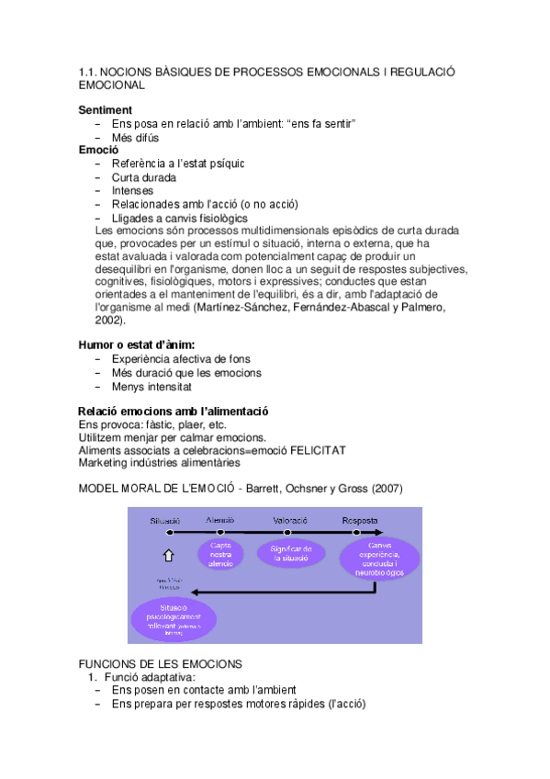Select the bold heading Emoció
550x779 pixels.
pyautogui.click(x=98, y=150)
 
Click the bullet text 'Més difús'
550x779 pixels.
pyautogui.click(x=135, y=137)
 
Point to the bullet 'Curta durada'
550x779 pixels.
pyautogui.click(x=144, y=177)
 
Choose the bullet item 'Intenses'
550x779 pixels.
pyautogui.click(x=133, y=191)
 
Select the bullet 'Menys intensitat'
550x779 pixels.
pyautogui.click(x=152, y=387)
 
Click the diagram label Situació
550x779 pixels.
pyautogui.click(x=166, y=520)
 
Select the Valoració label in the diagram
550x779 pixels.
pyautogui.click(x=289, y=520)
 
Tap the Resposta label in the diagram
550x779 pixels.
pyautogui.click(x=360, y=520)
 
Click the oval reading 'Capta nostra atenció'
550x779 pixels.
pyautogui.click(x=221, y=554)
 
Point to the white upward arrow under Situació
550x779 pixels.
pyautogui.click(x=167, y=555)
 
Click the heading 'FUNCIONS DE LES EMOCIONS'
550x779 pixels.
pyautogui.click(x=161, y=662)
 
